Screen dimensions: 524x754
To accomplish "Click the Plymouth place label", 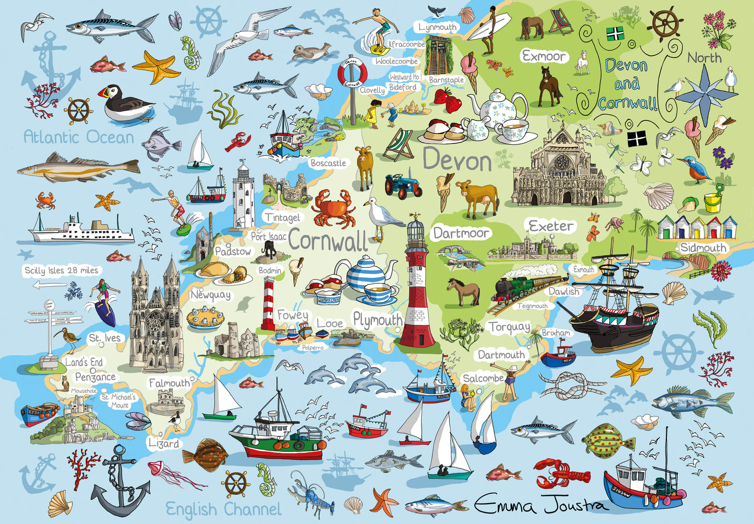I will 377,320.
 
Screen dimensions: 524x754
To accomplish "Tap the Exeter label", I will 551,226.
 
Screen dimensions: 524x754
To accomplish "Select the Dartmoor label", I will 461,233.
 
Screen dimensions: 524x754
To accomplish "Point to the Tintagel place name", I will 282,217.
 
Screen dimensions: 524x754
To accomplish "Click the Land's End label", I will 83,362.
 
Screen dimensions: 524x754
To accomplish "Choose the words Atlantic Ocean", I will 79,137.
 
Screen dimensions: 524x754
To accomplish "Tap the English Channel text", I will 223,509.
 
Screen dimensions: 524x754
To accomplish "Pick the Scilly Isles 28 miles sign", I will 62,271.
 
